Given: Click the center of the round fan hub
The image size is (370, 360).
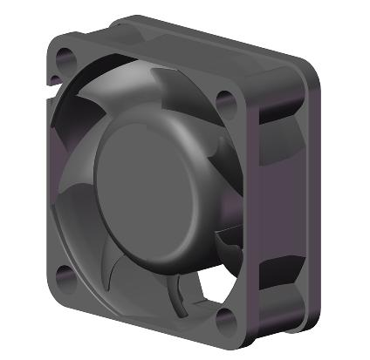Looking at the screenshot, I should (148, 183).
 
